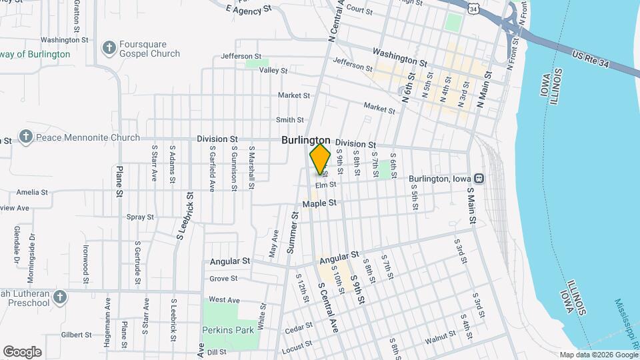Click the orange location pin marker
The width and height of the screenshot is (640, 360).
point(321,159)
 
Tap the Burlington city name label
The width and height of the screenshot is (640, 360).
point(306,140)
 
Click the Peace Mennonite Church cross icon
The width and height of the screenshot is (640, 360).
point(26,137)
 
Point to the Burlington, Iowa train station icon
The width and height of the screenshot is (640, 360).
point(479,179)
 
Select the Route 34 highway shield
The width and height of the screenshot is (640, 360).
point(473,9)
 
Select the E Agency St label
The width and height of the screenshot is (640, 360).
point(250,9)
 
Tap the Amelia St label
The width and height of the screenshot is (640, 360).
point(29,191)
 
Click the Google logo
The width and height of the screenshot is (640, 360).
point(22,351)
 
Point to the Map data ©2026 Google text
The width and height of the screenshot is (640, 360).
point(598,355)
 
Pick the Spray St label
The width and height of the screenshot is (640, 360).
point(140,217)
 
